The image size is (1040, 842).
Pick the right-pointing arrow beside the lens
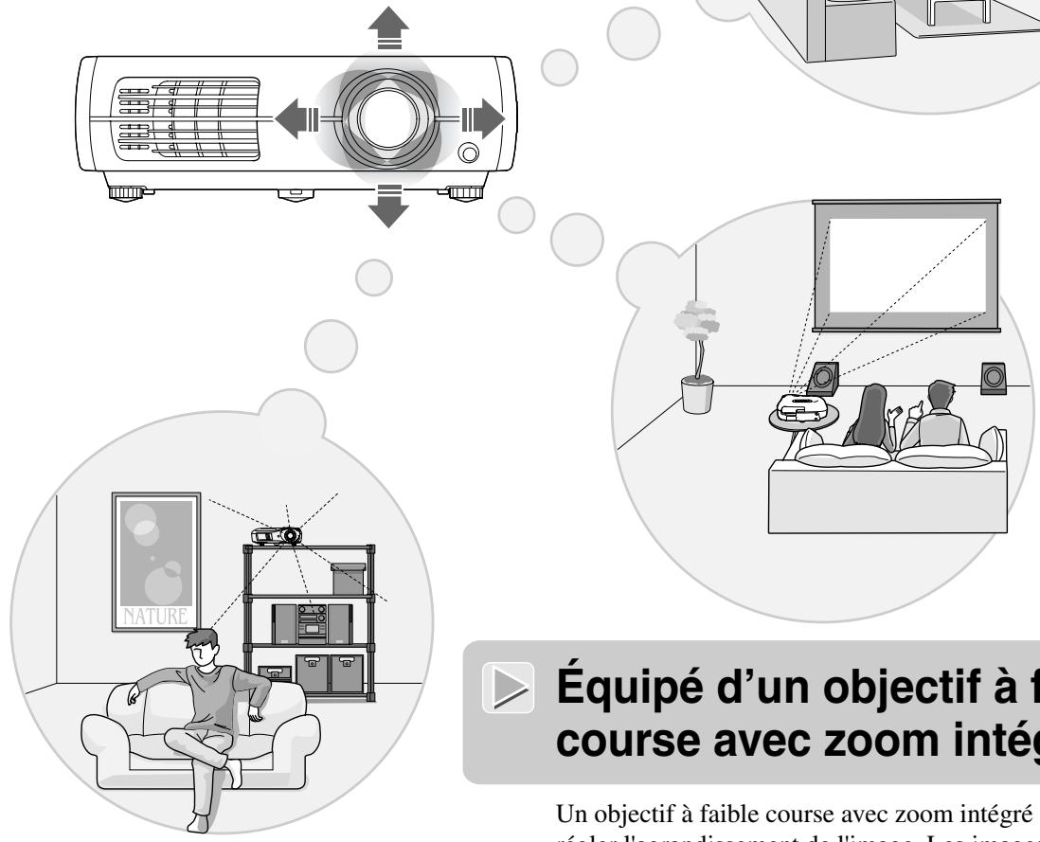483,118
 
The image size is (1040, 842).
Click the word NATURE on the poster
155,621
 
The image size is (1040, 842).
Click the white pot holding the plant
697,394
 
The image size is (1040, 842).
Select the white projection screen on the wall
907,272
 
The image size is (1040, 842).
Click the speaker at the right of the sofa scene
995,378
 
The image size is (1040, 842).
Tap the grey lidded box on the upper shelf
348,579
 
